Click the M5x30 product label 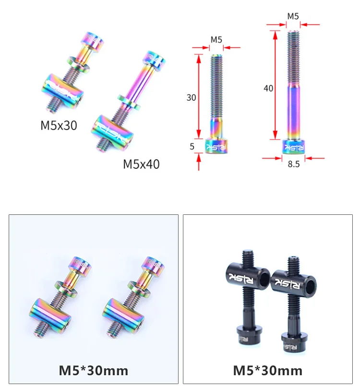click(59, 125)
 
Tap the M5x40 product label click(141, 164)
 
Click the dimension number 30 click(191, 98)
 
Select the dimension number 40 click(268, 88)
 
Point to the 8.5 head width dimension click(293, 164)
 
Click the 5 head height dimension click(192, 147)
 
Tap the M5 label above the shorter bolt click(216, 40)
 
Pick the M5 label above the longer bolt click(293, 16)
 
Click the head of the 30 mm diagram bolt click(216, 146)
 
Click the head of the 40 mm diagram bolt click(293, 147)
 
